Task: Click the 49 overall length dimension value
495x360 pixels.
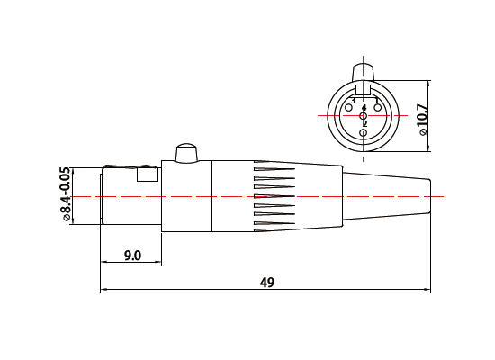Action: (266, 282)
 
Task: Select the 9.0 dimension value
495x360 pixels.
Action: (131, 256)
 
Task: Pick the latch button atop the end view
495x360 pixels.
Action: (364, 71)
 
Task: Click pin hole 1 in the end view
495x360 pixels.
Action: (378, 110)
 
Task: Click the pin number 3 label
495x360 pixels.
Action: (353, 101)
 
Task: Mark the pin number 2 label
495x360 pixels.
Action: (364, 124)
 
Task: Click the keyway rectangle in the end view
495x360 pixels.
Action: (364, 90)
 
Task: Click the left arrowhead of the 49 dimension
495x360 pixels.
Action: (103, 290)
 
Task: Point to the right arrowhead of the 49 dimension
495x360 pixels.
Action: (427, 290)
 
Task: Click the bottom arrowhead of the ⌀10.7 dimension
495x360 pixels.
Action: (427, 150)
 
